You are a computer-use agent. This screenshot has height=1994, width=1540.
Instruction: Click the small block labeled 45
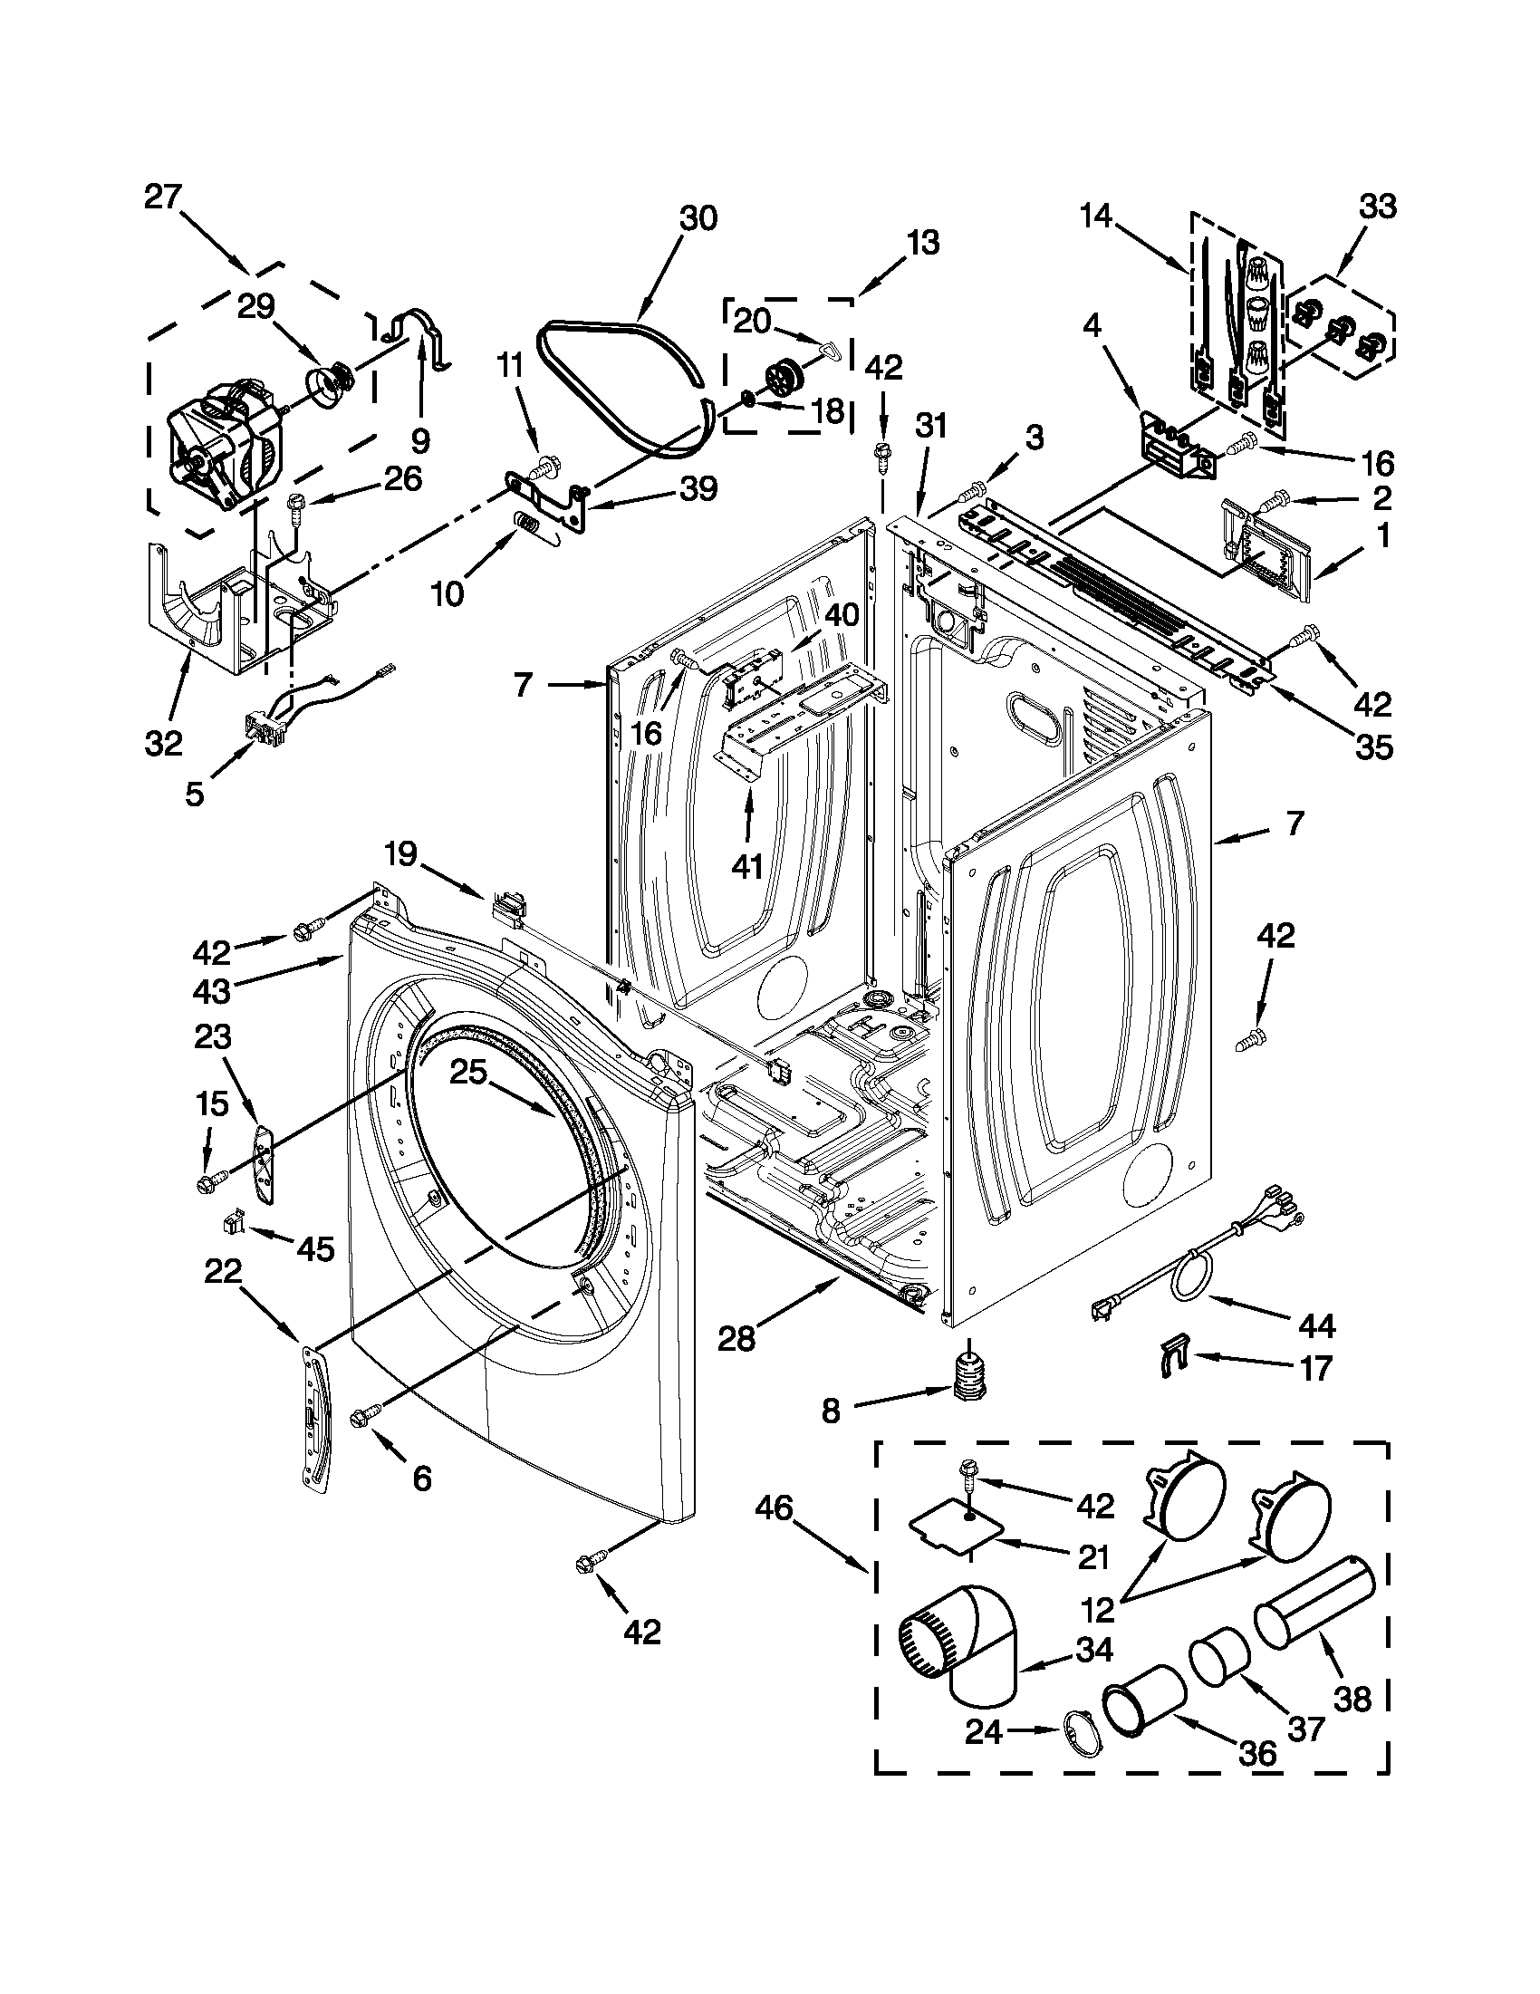[234, 1221]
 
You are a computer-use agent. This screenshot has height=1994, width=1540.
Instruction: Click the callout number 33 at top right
[1378, 207]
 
